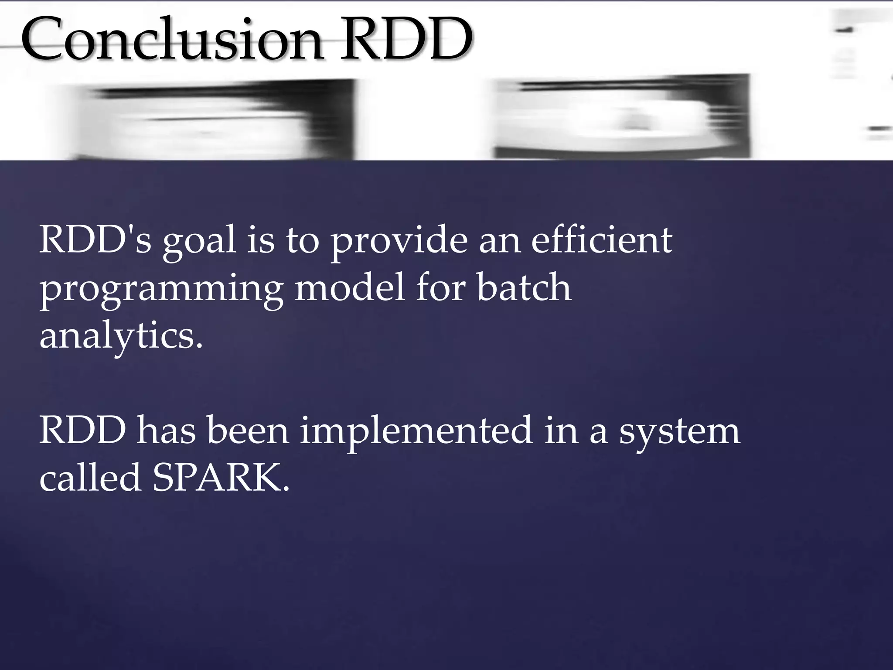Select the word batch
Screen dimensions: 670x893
[524, 288]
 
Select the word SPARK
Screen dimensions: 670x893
[221, 478]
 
